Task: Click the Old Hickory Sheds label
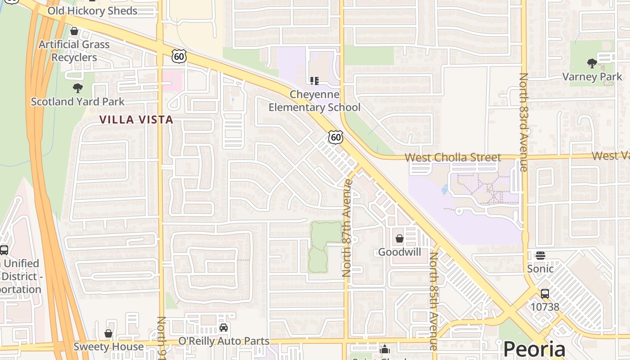92,11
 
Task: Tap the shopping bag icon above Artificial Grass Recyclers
74,31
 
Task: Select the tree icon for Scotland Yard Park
77,88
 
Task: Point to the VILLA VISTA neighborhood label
136,120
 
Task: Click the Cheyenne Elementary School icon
314,81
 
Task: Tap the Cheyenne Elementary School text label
315,101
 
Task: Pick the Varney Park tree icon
592,63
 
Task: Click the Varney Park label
592,77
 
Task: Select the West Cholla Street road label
453,157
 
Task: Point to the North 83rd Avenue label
523,122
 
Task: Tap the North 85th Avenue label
434,301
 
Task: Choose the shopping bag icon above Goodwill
399,238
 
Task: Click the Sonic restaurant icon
540,256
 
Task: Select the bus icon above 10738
545,294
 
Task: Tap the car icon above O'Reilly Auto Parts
224,328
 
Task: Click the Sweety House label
108,347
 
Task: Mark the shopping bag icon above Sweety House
108,333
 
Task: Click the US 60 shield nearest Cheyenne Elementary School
336,137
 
